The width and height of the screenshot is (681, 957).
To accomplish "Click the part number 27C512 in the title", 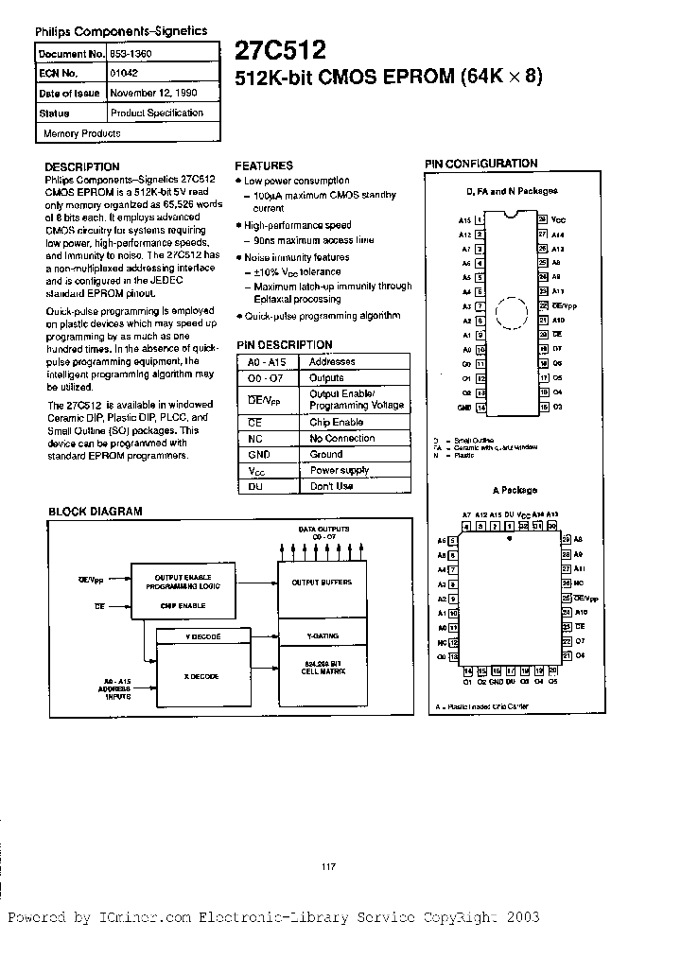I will (281, 50).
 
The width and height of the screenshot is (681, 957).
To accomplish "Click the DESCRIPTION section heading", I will (82, 166).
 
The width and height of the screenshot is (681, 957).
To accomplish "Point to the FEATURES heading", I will (264, 165).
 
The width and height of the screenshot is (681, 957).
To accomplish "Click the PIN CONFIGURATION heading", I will (481, 164).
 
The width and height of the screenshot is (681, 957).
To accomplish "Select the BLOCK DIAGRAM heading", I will (96, 512).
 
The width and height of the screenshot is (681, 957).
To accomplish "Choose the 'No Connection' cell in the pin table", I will (342, 439).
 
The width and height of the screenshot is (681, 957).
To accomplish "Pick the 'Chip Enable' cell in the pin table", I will (337, 423).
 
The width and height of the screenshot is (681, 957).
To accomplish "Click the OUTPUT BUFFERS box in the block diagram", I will (322, 583).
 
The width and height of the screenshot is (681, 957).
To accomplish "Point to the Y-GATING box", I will (322, 636).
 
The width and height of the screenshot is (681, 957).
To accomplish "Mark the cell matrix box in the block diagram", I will (322, 669).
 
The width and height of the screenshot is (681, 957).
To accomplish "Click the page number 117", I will (329, 867).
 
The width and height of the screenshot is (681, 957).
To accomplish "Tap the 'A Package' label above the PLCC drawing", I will (514, 491).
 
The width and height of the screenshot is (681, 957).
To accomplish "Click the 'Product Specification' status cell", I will (157, 113).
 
